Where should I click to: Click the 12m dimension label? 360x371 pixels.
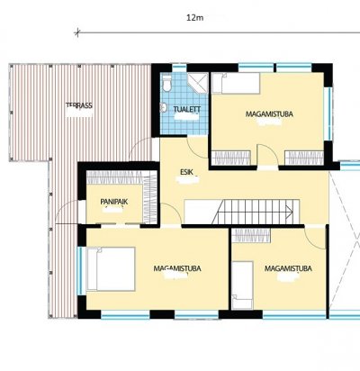(195, 18)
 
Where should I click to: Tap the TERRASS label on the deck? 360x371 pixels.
(79, 105)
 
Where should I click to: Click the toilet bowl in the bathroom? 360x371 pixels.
(166, 83)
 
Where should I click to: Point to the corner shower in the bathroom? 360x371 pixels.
(198, 82)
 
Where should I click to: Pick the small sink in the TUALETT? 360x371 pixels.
(164, 107)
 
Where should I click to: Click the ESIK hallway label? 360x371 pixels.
(186, 172)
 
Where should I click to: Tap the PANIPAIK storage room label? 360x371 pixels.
(114, 202)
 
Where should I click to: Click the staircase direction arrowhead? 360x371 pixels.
(290, 212)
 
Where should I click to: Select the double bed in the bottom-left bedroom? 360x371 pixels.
(111, 269)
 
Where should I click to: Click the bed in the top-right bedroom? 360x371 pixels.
(236, 84)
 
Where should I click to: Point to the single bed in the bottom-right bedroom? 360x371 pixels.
(242, 285)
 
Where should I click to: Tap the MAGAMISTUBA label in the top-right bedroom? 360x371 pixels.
(269, 114)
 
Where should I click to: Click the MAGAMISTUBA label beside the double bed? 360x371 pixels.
(177, 268)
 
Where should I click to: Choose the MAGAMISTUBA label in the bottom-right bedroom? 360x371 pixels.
(288, 268)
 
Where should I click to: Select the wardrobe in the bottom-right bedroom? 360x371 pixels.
(251, 236)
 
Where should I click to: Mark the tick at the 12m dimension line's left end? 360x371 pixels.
(77, 32)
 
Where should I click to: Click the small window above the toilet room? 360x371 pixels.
(180, 67)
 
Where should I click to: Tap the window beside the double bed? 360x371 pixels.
(80, 271)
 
